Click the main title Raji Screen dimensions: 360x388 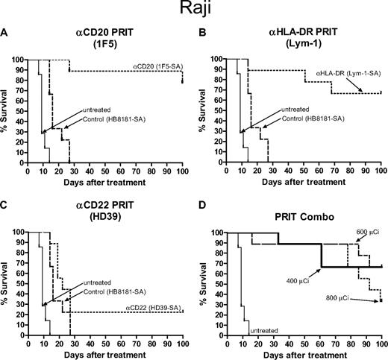[193, 10]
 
